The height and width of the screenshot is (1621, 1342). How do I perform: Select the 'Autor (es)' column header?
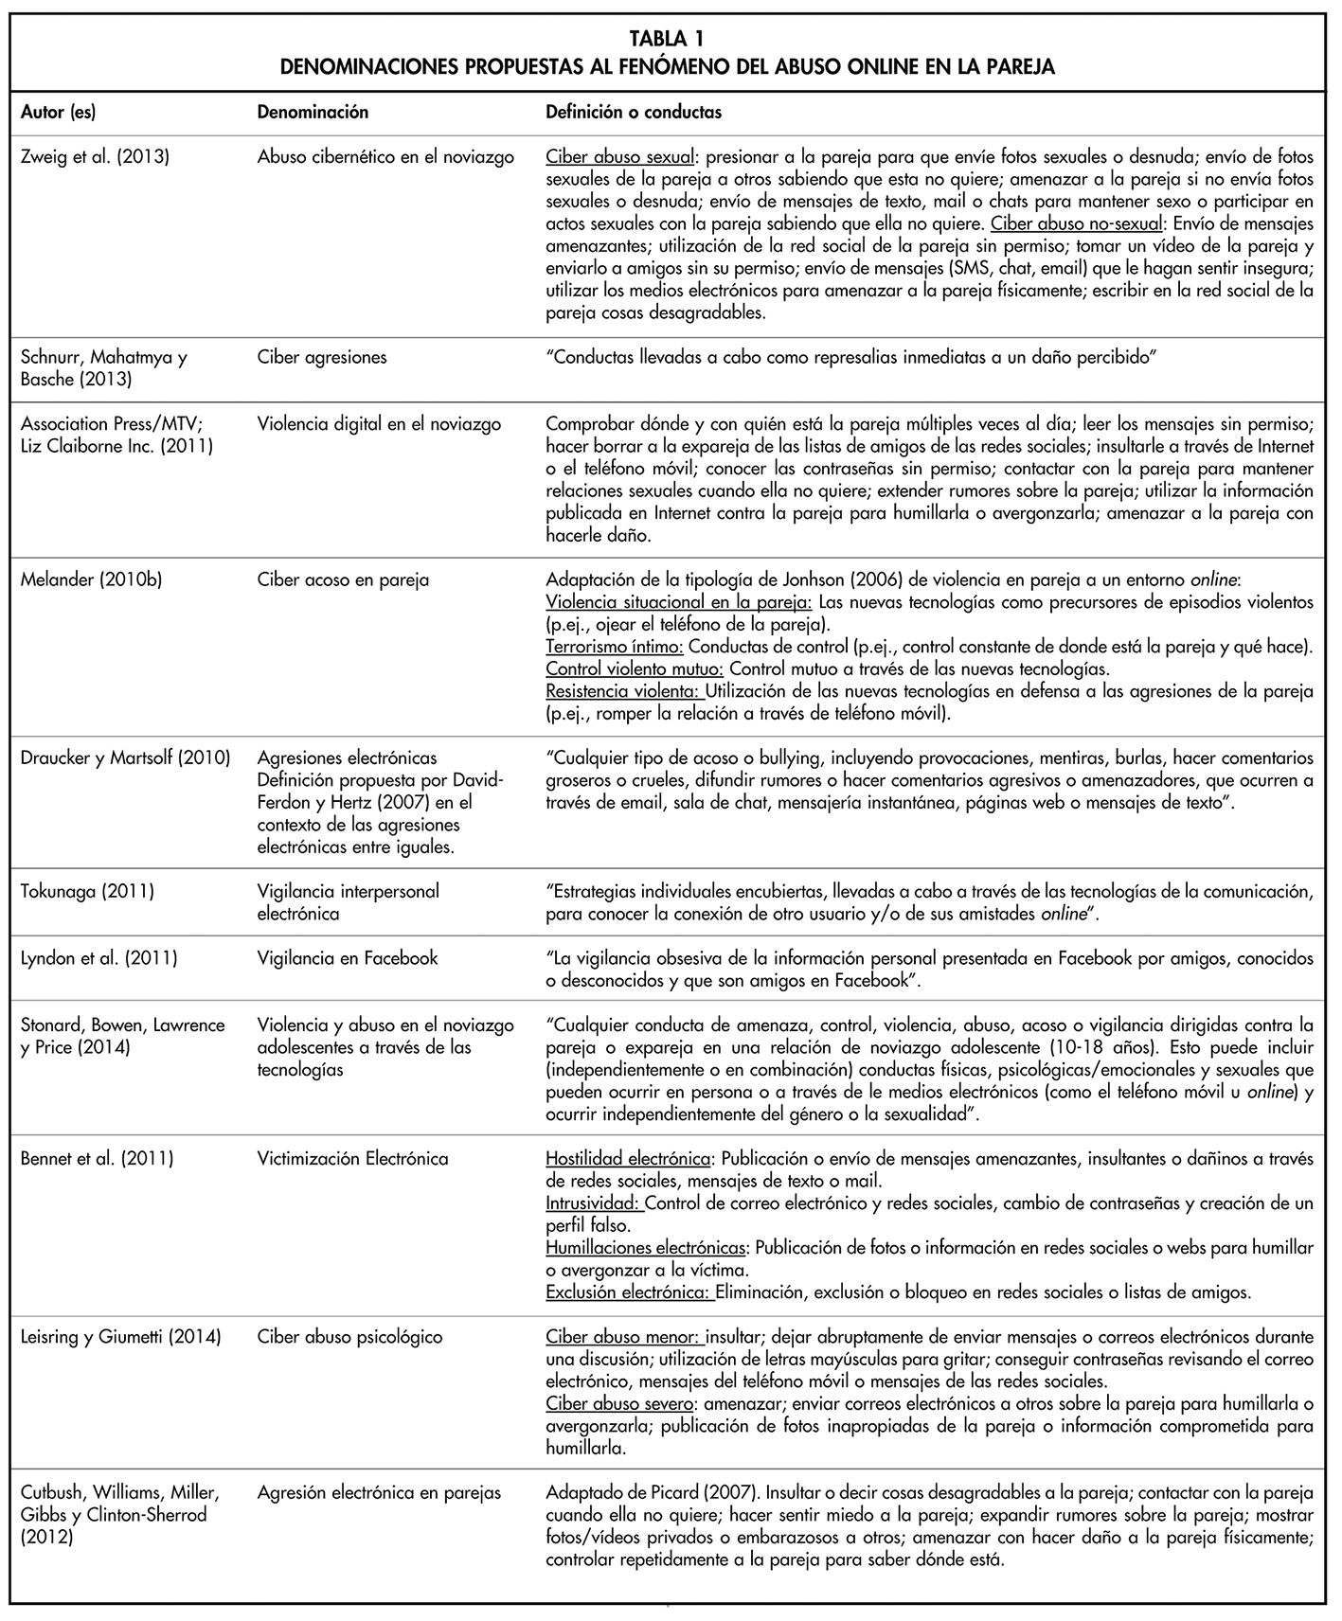pos(58,113)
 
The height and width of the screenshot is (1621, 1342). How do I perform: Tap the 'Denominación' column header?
pos(313,113)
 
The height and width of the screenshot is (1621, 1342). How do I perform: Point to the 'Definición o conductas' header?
pos(634,113)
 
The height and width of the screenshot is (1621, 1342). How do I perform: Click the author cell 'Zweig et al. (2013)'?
pos(95,157)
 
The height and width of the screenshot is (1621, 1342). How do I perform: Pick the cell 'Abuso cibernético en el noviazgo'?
pos(385,157)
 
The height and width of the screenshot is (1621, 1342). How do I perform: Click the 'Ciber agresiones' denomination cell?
pos(321,358)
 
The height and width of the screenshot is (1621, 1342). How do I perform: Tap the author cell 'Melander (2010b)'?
pos(91,579)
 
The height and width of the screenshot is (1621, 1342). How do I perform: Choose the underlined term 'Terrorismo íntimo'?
pos(615,648)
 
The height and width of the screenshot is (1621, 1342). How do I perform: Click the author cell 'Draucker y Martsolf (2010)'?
pos(125,758)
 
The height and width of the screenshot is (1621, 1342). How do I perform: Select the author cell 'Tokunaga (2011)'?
pos(87,892)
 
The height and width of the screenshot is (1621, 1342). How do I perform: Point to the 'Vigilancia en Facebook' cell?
pos(348,959)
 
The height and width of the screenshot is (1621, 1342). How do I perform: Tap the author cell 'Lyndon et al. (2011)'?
pos(98,959)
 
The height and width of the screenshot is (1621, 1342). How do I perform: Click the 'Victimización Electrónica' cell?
pos(352,1159)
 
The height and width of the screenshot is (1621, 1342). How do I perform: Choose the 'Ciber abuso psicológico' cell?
pos(349,1338)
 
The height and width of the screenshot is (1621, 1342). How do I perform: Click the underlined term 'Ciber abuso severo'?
pos(621,1404)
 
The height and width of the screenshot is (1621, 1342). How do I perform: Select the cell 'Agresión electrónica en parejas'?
pos(379,1493)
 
